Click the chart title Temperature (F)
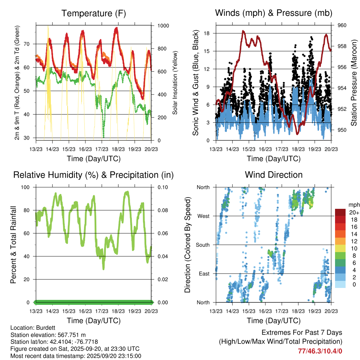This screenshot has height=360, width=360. [x=94, y=13]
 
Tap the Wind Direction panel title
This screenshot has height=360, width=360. [x=274, y=175]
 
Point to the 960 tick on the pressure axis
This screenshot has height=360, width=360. [x=342, y=25]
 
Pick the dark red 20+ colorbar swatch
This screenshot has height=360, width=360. [x=340, y=212]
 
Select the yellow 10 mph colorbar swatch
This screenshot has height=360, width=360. [x=340, y=248]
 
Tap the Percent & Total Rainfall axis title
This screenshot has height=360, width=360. [x=13, y=245]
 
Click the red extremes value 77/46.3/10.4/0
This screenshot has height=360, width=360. [x=320, y=351]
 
